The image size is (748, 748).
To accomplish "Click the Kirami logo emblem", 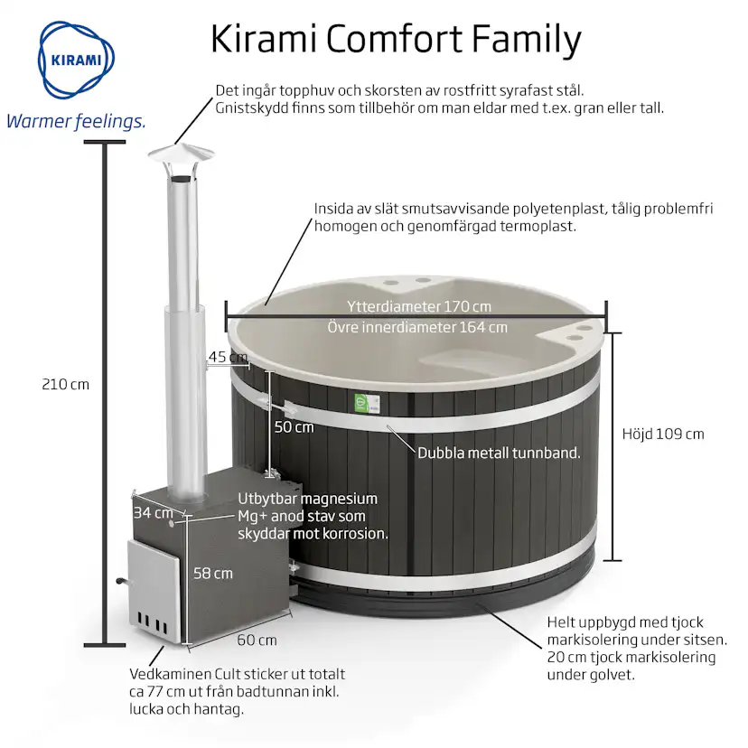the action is point(76,60).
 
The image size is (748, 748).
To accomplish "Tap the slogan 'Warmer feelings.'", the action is point(76,122).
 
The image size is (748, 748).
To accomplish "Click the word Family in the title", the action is point(527,40).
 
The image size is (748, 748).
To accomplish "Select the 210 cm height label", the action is point(65,385).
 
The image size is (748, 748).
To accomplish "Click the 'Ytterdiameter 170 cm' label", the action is point(419,306).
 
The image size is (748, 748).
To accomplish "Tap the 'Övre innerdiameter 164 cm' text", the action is point(417,327).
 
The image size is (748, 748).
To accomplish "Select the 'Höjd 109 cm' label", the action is point(663,435).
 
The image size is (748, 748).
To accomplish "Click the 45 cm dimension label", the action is point(228,357).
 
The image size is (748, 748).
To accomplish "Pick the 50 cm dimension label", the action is point(294,427).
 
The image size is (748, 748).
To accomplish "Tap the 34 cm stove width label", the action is point(154,513).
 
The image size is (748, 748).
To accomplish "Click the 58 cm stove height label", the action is point(213,574).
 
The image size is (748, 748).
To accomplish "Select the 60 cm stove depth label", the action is point(257,640).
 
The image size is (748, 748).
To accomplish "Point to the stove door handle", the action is point(122,581).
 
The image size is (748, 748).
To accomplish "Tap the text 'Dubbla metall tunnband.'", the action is point(499,453).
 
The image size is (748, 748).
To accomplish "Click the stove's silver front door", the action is point(154,591).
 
